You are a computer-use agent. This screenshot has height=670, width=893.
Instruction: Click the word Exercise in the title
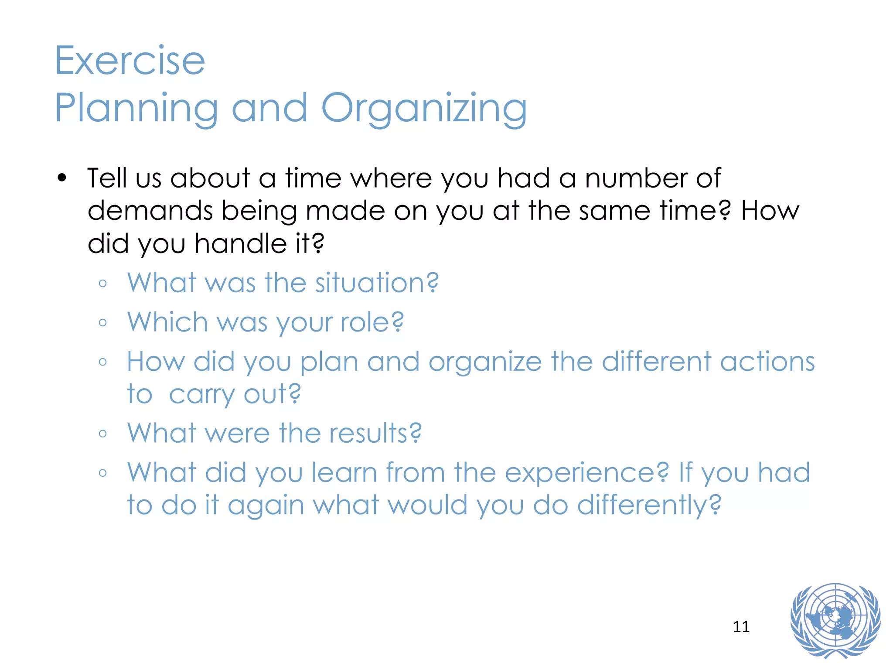pyautogui.click(x=130, y=61)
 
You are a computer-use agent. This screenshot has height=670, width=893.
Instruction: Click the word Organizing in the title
pyautogui.click(x=424, y=109)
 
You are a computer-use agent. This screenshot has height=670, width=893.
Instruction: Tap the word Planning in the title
pyautogui.click(x=136, y=109)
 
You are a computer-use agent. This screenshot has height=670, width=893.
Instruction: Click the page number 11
pyautogui.click(x=741, y=627)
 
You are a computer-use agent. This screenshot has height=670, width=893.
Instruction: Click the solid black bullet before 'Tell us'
pyautogui.click(x=62, y=178)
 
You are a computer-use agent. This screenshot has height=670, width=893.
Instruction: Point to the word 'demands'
pyautogui.click(x=150, y=211)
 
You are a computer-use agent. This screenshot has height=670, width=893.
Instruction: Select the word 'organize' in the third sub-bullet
pyautogui.click(x=485, y=362)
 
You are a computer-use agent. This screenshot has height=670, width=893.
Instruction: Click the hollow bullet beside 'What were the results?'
pyautogui.click(x=103, y=434)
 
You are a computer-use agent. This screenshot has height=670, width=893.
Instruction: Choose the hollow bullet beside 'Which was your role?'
pyautogui.click(x=103, y=323)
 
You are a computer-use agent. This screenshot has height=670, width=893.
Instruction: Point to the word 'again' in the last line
pyautogui.click(x=266, y=506)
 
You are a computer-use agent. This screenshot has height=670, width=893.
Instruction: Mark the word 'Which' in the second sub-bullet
pyautogui.click(x=167, y=322)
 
